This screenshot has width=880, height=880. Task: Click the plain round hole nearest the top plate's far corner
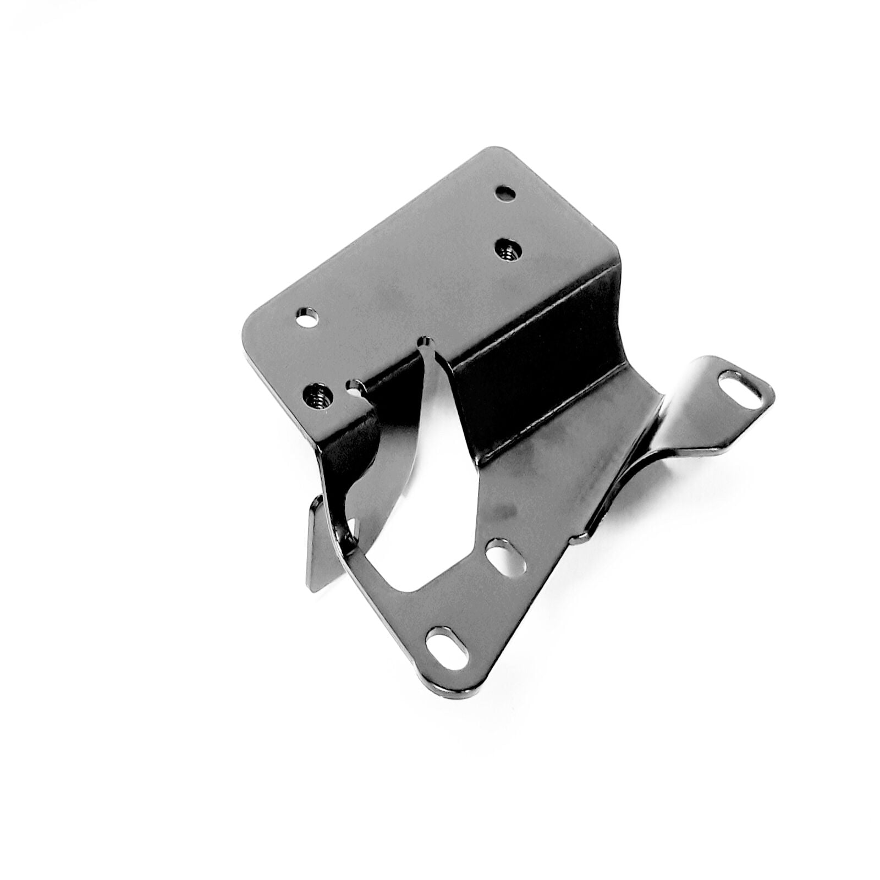coord(505,194)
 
